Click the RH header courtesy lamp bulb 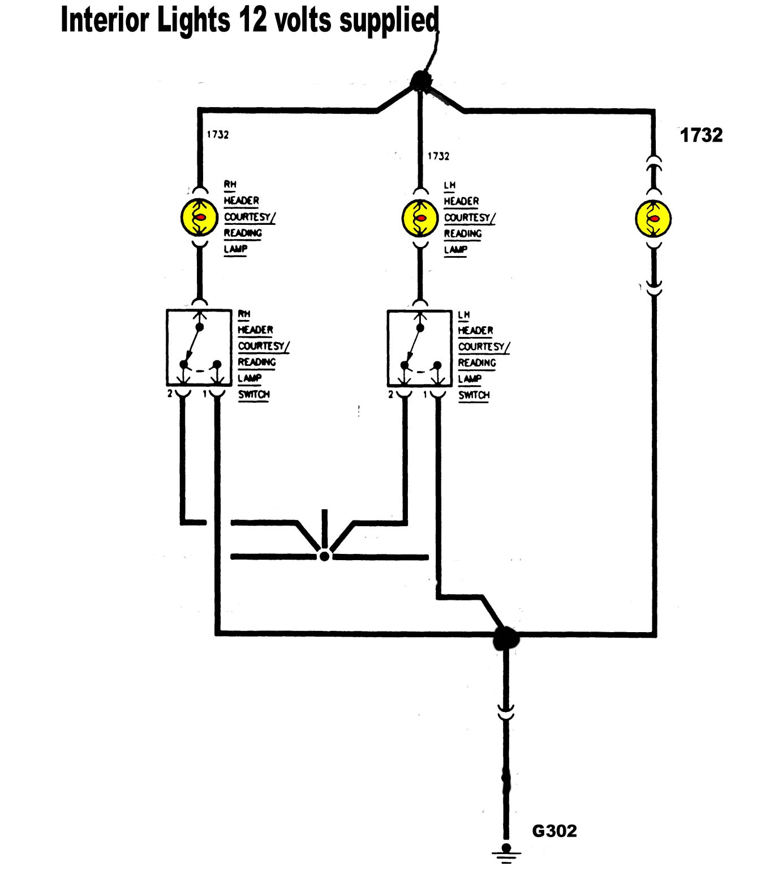coord(199,218)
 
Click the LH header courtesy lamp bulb coord(420,218)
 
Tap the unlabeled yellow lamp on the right coord(653,219)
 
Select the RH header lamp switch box coord(199,347)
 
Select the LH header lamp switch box coord(420,347)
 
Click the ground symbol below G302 coord(506,852)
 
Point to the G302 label coord(554,831)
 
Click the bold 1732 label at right coord(701,135)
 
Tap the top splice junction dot coord(420,80)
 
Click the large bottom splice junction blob coord(506,638)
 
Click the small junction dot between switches coord(324,556)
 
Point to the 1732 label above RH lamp coord(218,135)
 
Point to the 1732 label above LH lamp coord(438,156)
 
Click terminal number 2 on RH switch coord(170,394)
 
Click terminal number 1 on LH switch coord(425,394)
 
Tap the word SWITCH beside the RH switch coord(253,394)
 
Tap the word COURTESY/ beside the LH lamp coord(470,217)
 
